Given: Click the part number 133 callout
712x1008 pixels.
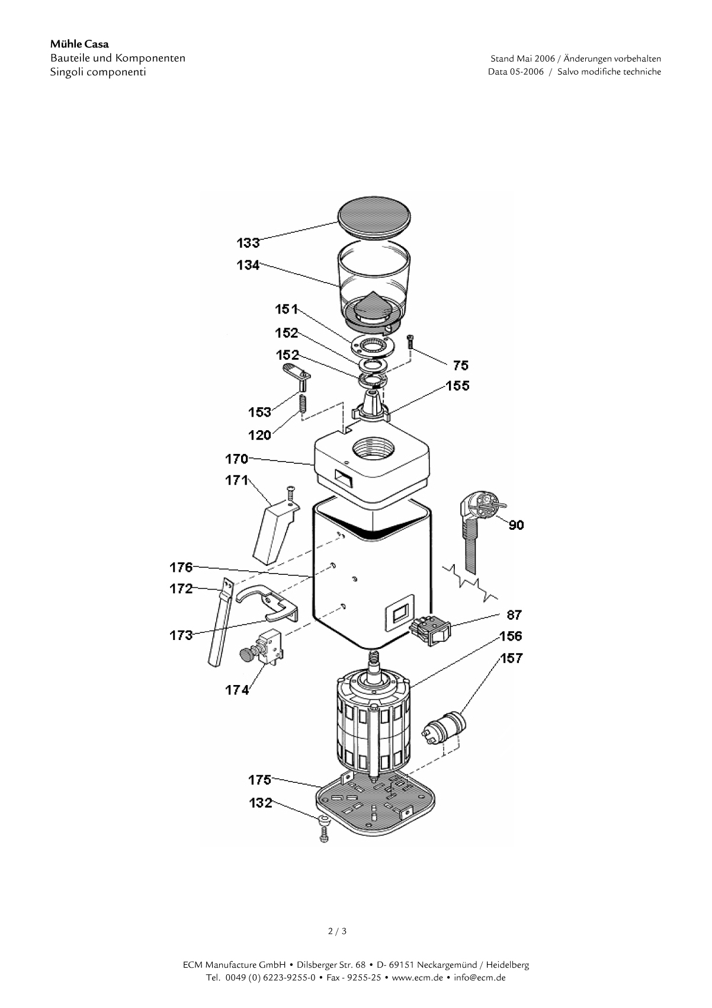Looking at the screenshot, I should pos(248,243).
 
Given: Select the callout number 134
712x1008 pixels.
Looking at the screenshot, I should pos(248,265).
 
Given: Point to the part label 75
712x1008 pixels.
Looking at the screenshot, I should pos(460,366).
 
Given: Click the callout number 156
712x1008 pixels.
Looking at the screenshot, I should pos(511,636).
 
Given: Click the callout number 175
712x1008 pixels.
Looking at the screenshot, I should pos(259,779).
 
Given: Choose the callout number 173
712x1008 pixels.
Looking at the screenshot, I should pos(181,635).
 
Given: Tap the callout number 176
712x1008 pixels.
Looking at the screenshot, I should pos(181,567).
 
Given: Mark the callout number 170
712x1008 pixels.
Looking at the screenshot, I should pos(236,459).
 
